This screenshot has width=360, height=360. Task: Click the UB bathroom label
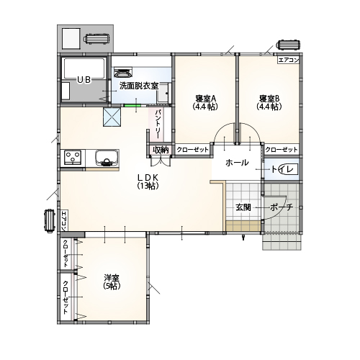pyautogui.click(x=84, y=80)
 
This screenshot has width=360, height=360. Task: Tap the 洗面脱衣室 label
pyautogui.click(x=139, y=86)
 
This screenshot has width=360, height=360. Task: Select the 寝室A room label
pyautogui.click(x=206, y=99)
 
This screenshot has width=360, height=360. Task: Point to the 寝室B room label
pyautogui.click(x=269, y=99)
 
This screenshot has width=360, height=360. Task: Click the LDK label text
pyautogui.click(x=148, y=177)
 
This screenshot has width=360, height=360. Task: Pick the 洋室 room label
pyautogui.click(x=112, y=278)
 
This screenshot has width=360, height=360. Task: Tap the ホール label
pyautogui.click(x=237, y=163)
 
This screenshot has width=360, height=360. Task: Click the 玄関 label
pyautogui.click(x=243, y=207)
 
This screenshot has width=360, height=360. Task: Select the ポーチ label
pyautogui.click(x=282, y=207)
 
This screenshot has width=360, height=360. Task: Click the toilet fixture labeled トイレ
pyautogui.click(x=289, y=169)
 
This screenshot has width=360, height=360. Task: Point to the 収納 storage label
pyautogui.click(x=161, y=150)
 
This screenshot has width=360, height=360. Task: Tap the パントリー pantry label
pyautogui.click(x=158, y=124)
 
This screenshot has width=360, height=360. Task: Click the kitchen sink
pyautogui.click(x=107, y=158)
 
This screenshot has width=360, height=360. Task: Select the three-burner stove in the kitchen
pyautogui.click(x=73, y=158)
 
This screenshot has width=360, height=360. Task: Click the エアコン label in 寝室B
pyautogui.click(x=289, y=60)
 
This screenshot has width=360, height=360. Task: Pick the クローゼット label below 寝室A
pyautogui.click(x=193, y=150)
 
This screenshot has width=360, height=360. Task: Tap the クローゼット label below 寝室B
pyautogui.click(x=282, y=150)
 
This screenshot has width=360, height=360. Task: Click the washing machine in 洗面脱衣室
pyautogui.click(x=124, y=72)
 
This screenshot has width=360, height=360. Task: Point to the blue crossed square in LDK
pyautogui.click(x=112, y=117)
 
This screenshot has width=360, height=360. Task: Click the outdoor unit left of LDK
pyautogui.click(x=50, y=221)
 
